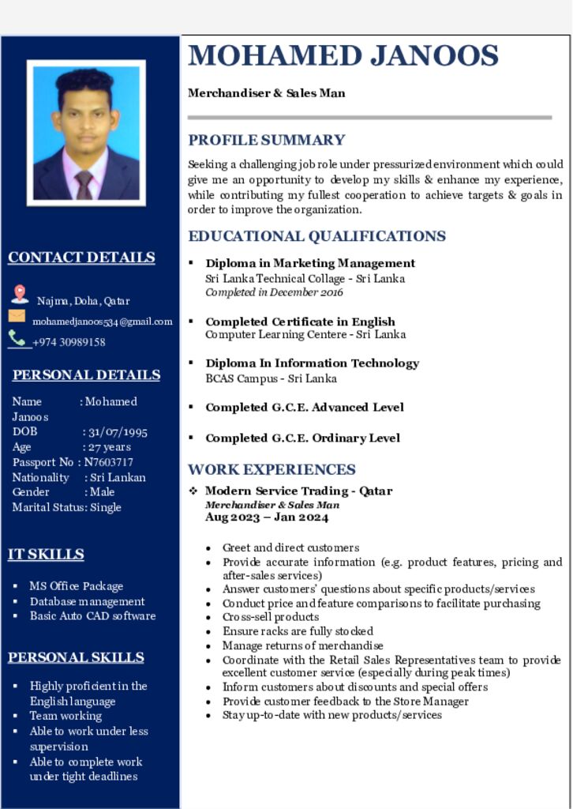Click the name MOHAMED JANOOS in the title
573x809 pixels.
tap(343, 56)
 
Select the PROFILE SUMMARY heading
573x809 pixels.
tap(266, 141)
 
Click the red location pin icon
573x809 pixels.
tap(20, 295)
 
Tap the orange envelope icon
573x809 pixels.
tap(17, 316)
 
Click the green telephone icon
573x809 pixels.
tap(17, 338)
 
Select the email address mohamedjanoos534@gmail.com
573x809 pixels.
tap(102, 322)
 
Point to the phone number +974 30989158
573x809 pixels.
tap(69, 342)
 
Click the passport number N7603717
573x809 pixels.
tap(109, 462)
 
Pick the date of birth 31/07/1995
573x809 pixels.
tap(118, 432)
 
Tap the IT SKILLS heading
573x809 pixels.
tap(46, 555)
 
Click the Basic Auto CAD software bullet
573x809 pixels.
tap(92, 616)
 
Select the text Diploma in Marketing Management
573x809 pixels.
tap(310, 263)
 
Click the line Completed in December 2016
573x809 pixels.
tap(274, 292)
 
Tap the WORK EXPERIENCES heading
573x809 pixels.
tap(272, 470)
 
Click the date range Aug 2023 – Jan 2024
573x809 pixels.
tap(267, 517)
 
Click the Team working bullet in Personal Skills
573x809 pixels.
tap(66, 716)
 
